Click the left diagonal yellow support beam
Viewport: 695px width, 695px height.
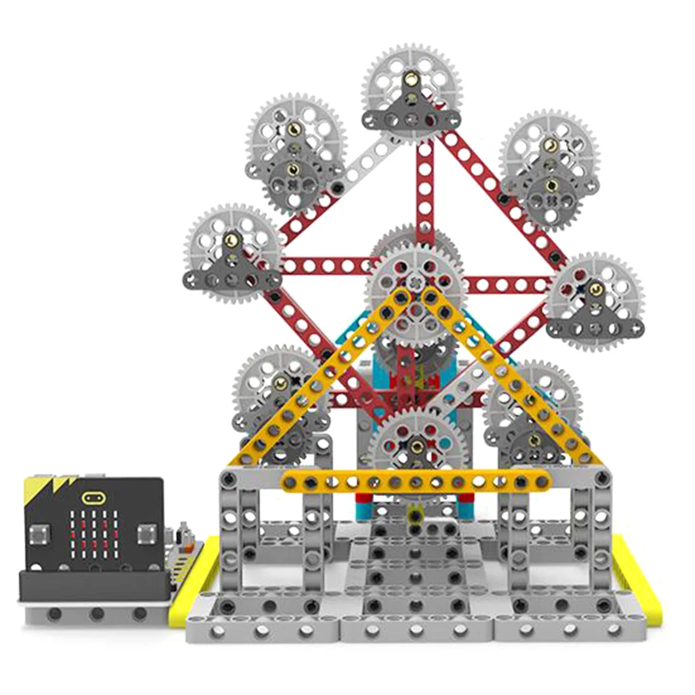[316, 379]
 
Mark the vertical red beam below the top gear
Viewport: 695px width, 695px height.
[425, 190]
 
